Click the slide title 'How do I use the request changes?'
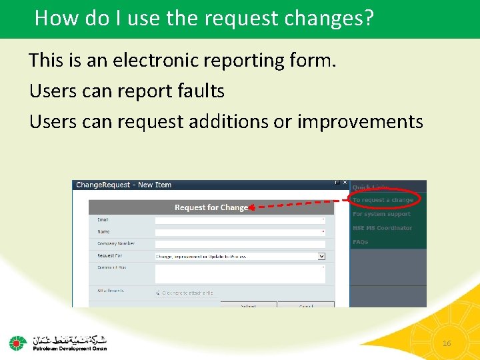[x=203, y=18]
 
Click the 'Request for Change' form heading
[x=211, y=207]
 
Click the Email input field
[x=239, y=220]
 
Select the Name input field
[x=239, y=232]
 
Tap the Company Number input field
[x=239, y=244]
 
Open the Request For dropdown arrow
[x=321, y=256]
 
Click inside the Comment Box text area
[x=239, y=273]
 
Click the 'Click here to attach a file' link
[x=187, y=293]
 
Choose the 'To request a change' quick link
[x=383, y=200]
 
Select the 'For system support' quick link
[x=381, y=214]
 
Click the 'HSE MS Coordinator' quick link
[x=382, y=228]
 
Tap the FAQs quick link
[x=360, y=242]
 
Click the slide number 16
[x=447, y=343]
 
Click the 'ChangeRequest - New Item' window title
[x=123, y=185]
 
